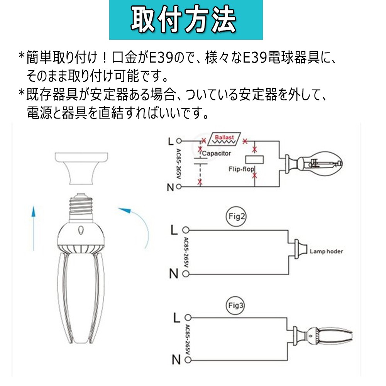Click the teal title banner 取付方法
[x=186, y=20]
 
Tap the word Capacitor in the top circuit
[x=217, y=153]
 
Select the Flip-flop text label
[x=241, y=169]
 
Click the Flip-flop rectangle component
[x=254, y=160]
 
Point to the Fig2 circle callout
[x=236, y=217]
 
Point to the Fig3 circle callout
[x=235, y=306]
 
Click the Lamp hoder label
[x=326, y=251]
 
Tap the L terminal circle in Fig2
[x=186, y=230]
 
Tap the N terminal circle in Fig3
[x=188, y=360]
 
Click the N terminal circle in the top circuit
[x=179, y=186]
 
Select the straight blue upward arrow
[x=34, y=229]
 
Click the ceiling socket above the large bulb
[x=81, y=168]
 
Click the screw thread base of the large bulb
[x=81, y=207]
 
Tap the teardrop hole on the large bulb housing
[x=81, y=230]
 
